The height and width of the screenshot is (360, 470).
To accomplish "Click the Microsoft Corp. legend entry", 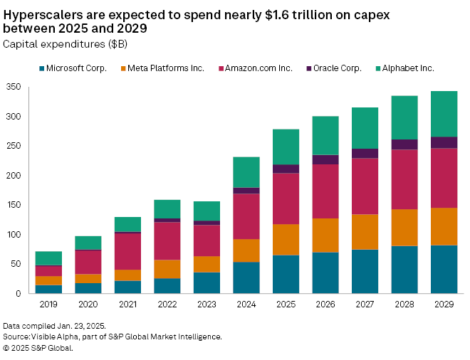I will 74,68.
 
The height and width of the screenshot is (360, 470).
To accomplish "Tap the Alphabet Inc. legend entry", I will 407,68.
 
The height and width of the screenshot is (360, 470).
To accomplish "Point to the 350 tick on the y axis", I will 14,87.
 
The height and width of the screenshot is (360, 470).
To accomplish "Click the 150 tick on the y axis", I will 14,205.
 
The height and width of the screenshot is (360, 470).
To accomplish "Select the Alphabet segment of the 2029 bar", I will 444,114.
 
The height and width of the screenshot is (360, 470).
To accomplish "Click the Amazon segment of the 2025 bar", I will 286,198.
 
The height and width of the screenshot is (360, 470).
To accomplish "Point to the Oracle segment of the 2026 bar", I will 326,159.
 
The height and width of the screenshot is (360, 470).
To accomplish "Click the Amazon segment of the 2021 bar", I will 128,251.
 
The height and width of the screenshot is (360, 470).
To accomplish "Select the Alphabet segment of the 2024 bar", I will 247,172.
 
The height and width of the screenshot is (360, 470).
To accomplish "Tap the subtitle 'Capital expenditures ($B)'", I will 56,44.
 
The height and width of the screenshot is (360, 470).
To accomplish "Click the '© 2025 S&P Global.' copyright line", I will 38,348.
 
